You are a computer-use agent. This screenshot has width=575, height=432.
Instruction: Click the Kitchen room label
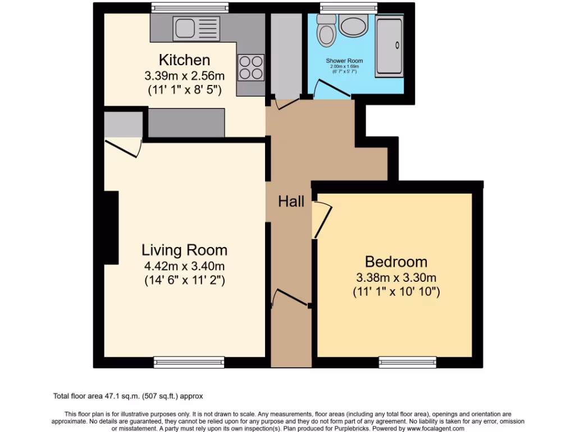coord(184,60)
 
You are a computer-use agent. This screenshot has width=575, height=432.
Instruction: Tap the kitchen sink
coord(195,27)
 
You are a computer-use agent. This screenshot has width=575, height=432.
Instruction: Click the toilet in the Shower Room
coord(326,31)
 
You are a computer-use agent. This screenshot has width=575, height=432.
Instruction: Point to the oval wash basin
coord(354,26)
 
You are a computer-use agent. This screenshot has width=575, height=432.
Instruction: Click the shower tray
coord(389,45)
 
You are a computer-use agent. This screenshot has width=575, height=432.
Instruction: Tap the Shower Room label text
coord(344,61)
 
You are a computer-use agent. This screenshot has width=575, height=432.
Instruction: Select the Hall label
coord(291,201)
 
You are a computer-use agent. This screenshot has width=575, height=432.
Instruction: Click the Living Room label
coord(184,250)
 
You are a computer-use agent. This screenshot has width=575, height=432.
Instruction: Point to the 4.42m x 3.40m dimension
coord(184,265)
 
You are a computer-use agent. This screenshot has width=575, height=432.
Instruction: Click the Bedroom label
coord(396,262)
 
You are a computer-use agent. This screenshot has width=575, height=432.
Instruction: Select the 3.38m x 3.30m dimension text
coord(396,277)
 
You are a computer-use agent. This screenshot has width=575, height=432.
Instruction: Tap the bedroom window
coord(408,362)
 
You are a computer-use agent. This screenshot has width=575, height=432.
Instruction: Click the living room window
coord(189,362)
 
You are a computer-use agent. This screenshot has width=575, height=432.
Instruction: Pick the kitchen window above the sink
coord(190,8)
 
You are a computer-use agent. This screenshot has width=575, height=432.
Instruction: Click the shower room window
coord(348,8)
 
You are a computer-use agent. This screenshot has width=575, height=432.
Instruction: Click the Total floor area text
coord(131,396)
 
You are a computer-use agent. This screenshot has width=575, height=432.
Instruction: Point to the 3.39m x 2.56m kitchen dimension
coord(184,75)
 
